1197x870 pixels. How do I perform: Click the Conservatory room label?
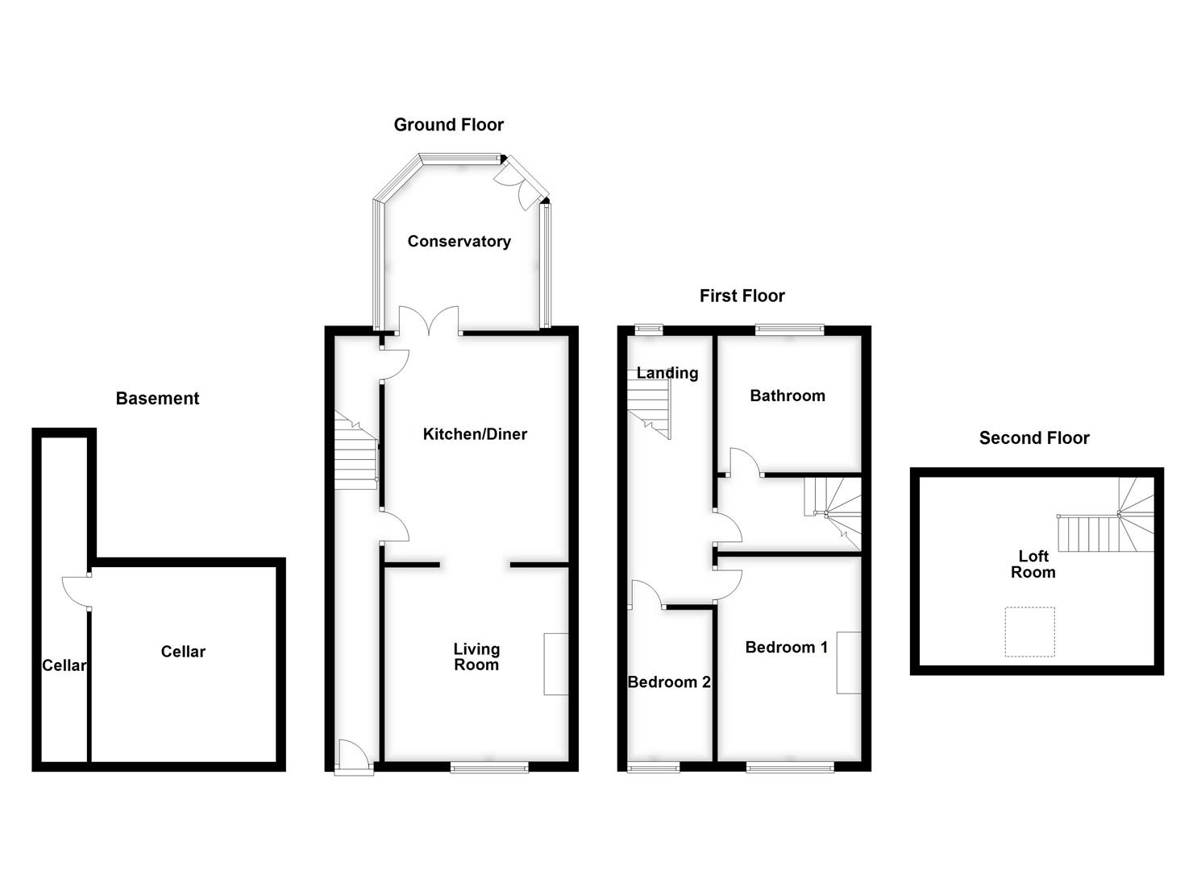tap(459, 242)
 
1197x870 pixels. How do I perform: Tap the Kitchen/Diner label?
tap(475, 434)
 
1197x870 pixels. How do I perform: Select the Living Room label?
tap(476, 657)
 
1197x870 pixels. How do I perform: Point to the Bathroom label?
tap(788, 396)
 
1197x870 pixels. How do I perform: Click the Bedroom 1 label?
tap(786, 648)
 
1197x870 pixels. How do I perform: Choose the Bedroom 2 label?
tap(669, 682)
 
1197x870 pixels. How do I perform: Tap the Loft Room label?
tap(1033, 564)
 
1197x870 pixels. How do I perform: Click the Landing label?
tap(667, 373)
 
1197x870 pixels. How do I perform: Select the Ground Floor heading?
tap(449, 125)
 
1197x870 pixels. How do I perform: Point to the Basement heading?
tap(157, 398)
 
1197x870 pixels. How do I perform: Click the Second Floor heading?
tap(1034, 438)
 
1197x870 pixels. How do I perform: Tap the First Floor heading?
tap(742, 296)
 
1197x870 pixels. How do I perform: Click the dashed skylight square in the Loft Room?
tap(1029, 632)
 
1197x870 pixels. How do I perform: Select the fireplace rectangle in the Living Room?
tap(556, 664)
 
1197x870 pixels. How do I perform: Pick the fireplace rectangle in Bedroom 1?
tap(848, 662)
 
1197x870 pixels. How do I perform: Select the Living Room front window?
tap(489, 767)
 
